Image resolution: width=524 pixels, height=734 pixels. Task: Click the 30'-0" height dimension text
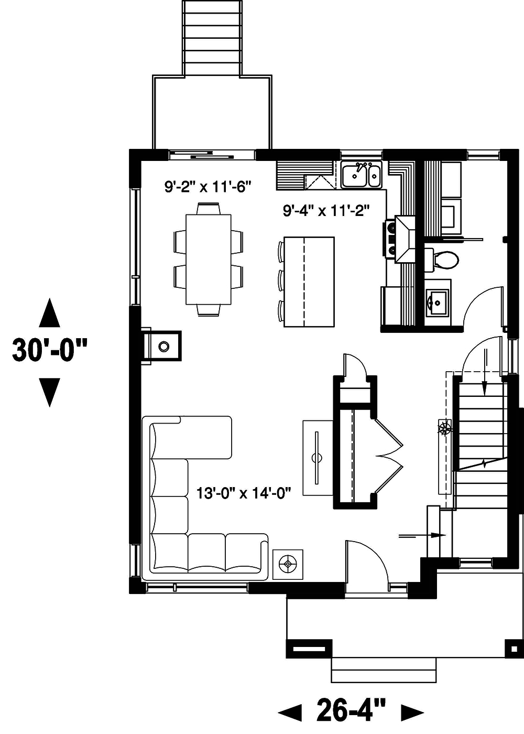pos(50,351)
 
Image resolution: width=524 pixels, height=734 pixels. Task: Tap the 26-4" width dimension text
pos(351,711)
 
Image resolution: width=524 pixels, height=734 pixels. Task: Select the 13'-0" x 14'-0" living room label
pos(244,493)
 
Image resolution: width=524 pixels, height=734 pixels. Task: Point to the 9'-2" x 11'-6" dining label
pos(209,187)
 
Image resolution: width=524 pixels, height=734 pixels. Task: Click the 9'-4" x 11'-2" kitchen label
pos(326,211)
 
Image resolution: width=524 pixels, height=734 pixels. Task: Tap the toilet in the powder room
pos(443,259)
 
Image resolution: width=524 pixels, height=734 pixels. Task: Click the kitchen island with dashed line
pos(309,282)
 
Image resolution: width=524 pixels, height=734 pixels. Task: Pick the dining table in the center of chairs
pos(209,259)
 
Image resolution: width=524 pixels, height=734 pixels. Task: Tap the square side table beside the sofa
pos(288,564)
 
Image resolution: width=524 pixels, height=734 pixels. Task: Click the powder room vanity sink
pos(436,303)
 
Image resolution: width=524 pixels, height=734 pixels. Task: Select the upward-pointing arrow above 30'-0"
pos(50,312)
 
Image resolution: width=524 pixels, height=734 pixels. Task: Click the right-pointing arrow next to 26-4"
pos(412,712)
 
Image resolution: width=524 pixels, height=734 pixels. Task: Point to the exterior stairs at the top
pos(212,38)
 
